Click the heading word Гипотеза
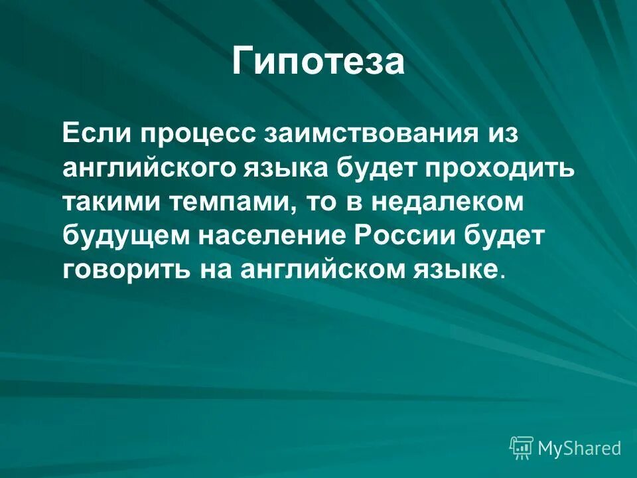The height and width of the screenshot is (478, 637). click(318, 62)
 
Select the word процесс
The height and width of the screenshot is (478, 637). click(192, 133)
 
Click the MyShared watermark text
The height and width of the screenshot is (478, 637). click(579, 448)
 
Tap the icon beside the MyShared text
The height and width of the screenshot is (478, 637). click(522, 448)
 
